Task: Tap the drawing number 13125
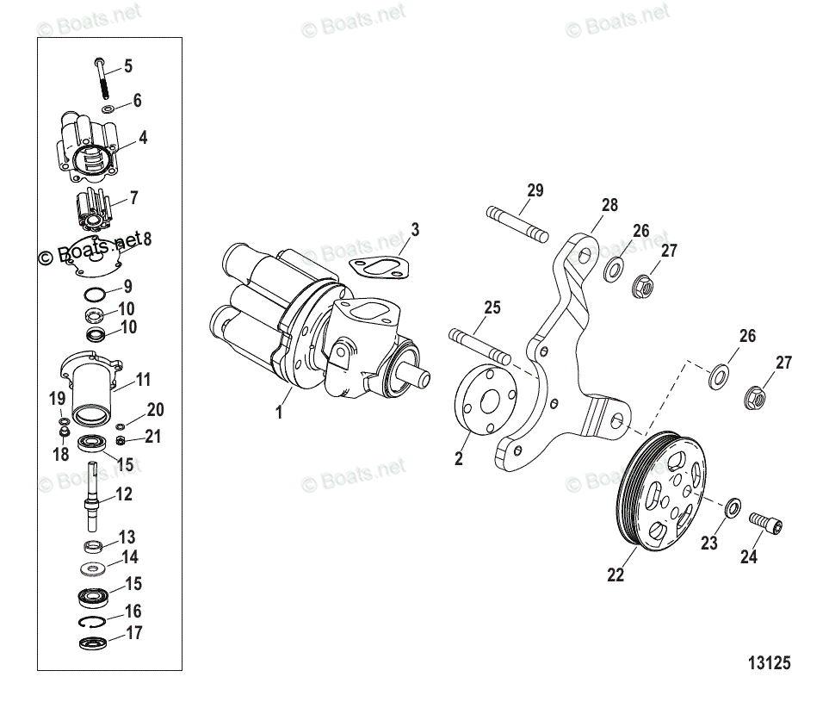pyautogui.click(x=769, y=663)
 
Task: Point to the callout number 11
pyautogui.click(x=143, y=379)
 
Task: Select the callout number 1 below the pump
pyautogui.click(x=279, y=413)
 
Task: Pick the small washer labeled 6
pyautogui.click(x=108, y=110)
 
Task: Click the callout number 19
pyautogui.click(x=58, y=398)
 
